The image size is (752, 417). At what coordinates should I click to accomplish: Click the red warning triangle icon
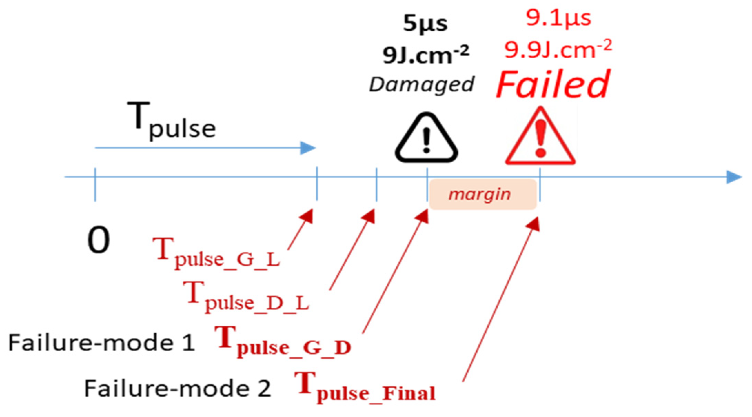[540, 138]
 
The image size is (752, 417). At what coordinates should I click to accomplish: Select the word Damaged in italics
[421, 84]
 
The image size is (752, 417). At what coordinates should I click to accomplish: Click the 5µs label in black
[425, 24]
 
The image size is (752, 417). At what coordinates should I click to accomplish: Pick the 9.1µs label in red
[558, 18]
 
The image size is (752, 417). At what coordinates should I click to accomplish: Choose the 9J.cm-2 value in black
[426, 54]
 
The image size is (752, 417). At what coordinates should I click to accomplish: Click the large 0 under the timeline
[99, 240]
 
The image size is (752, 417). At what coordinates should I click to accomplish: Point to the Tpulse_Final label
[365, 387]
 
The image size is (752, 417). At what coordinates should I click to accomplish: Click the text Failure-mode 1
[102, 343]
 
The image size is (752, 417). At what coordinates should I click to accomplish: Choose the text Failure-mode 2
[177, 388]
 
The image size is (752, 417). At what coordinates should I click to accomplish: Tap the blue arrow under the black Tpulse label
[205, 148]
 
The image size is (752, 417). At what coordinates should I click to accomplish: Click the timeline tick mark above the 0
[95, 184]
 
